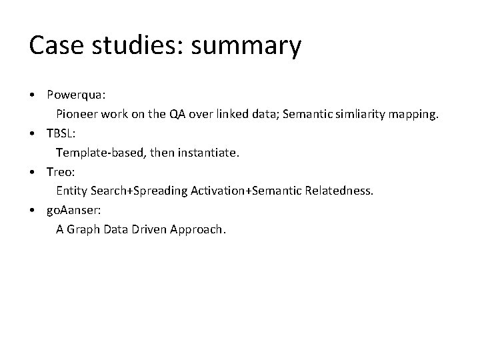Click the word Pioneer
(77, 114)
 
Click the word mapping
(415, 115)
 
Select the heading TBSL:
(60, 133)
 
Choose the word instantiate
(209, 153)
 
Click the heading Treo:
(61, 171)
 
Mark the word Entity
(71, 191)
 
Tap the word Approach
(198, 230)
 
